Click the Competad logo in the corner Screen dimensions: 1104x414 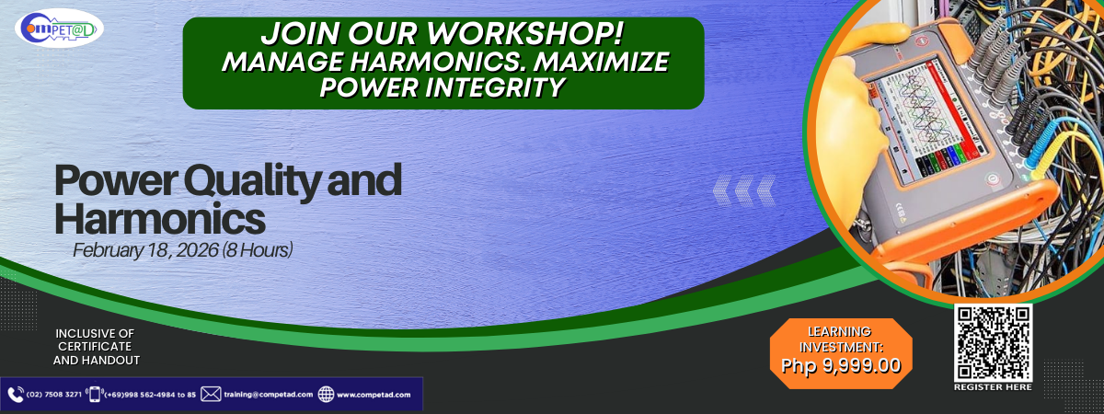(59, 29)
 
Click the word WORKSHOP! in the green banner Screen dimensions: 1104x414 (525, 33)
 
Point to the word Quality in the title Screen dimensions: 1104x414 (252, 182)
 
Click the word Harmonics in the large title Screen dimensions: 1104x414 (160, 218)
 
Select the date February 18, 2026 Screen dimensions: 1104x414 (145, 250)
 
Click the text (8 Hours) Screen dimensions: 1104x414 (258, 250)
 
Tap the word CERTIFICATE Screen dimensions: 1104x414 (95, 347)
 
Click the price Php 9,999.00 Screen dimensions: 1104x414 (841, 365)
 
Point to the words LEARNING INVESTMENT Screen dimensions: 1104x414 (841, 339)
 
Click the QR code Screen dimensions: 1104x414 (993, 342)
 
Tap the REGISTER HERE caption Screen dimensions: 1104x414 (993, 387)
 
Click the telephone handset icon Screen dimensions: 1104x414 (16, 395)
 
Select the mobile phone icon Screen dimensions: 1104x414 (95, 395)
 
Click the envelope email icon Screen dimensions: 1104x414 (211, 395)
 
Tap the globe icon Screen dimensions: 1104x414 (326, 395)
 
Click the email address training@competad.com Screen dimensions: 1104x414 (269, 395)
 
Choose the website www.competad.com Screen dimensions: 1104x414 (374, 395)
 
